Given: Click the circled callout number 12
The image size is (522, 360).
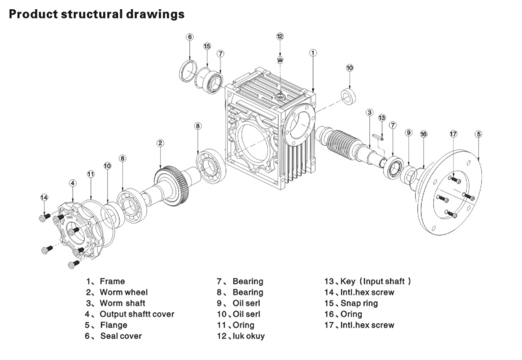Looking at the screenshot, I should pyautogui.click(x=280, y=36).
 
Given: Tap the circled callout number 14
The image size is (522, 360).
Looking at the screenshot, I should pyautogui.click(x=44, y=198).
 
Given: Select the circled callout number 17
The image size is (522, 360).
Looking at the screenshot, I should pyautogui.click(x=453, y=134).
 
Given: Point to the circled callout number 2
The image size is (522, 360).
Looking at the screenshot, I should pyautogui.click(x=160, y=143).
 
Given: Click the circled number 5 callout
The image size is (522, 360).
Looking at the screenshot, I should pyautogui.click(x=478, y=134).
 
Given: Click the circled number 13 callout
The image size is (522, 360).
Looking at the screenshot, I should pyautogui.click(x=382, y=118).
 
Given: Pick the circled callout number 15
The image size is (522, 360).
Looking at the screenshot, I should pyautogui.click(x=207, y=46).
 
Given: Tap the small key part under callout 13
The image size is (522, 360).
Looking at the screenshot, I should pyautogui.click(x=381, y=137).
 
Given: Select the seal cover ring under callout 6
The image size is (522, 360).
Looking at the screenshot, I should pyautogui.click(x=188, y=71).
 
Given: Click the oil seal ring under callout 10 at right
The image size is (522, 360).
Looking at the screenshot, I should pyautogui.click(x=349, y=97).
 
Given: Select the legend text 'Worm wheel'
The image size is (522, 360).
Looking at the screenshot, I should pyautogui.click(x=123, y=292).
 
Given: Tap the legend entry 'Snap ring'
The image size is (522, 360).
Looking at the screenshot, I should pyautogui.click(x=359, y=303).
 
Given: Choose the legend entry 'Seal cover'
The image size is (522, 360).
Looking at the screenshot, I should pyautogui.click(x=121, y=336).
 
